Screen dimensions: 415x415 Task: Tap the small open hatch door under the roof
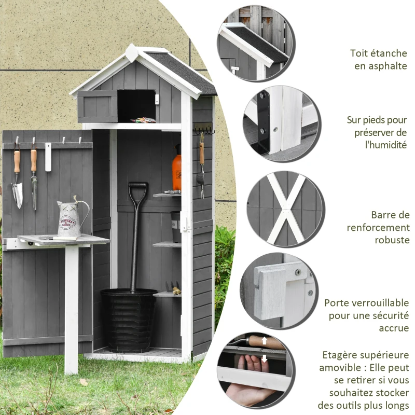pyautogui.click(x=98, y=106)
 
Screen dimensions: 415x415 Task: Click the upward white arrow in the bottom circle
pyautogui.click(x=264, y=341)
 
